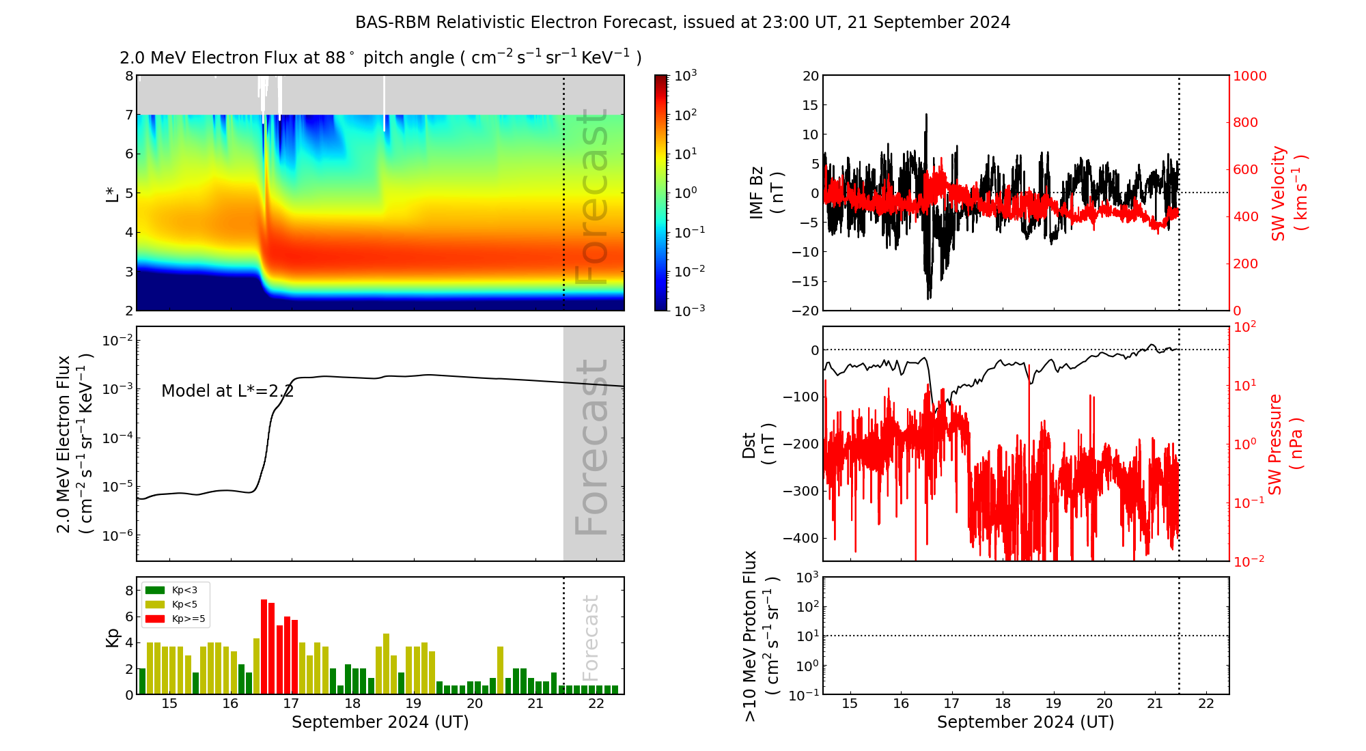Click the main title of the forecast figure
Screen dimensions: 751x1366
[x=682, y=23]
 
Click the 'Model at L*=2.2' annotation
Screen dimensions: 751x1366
[x=227, y=391]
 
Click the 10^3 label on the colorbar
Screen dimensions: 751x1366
[x=685, y=75]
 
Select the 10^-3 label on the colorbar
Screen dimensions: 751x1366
[x=689, y=310]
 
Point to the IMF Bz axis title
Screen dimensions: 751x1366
[x=766, y=193]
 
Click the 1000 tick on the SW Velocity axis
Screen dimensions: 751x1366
[x=1249, y=76]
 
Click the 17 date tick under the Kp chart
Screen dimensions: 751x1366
[x=291, y=704]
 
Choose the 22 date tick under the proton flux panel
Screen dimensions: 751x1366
[x=1205, y=704]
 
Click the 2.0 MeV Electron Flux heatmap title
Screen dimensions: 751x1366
[x=380, y=58]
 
